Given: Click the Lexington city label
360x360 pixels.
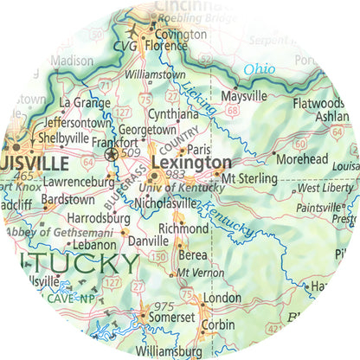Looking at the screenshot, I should click(191, 162).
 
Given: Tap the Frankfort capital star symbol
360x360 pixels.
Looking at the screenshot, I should click(111, 154).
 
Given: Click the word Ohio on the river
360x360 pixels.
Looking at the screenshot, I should click(259, 69).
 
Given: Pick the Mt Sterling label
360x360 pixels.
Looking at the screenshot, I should click(247, 177).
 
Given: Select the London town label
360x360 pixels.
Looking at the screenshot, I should click(222, 298).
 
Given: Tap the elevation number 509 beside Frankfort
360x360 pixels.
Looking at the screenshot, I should click(131, 154).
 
